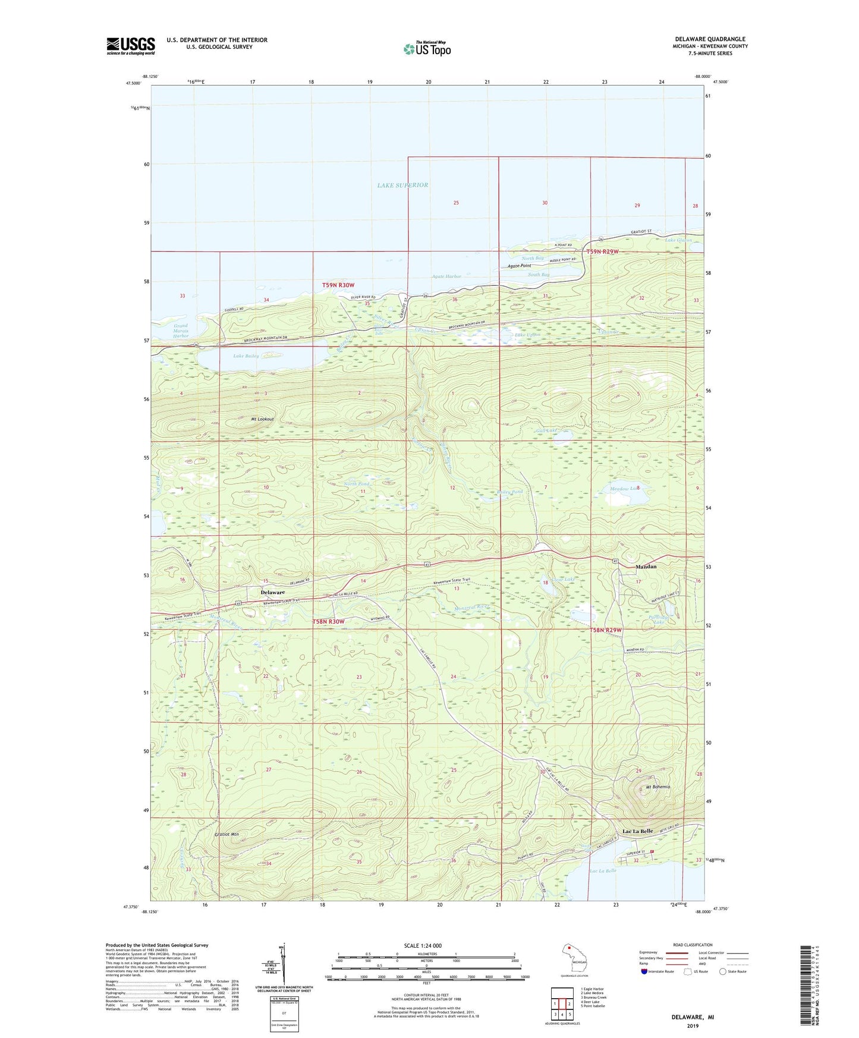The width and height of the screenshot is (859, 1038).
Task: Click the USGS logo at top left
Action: [131, 45]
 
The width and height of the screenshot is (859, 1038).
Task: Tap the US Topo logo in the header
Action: [427, 49]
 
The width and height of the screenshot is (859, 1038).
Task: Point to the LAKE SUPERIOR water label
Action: [402, 185]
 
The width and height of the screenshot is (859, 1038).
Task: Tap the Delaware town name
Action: [273, 592]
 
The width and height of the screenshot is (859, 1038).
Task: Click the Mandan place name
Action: [646, 567]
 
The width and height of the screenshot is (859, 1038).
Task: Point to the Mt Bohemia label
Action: [657, 787]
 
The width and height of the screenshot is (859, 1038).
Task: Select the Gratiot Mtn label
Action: [226, 834]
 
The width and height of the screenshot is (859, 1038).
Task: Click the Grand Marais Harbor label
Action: [181, 331]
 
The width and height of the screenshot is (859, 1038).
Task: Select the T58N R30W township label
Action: [328, 621]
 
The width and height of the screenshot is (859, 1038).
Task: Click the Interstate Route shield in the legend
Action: [646, 971]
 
